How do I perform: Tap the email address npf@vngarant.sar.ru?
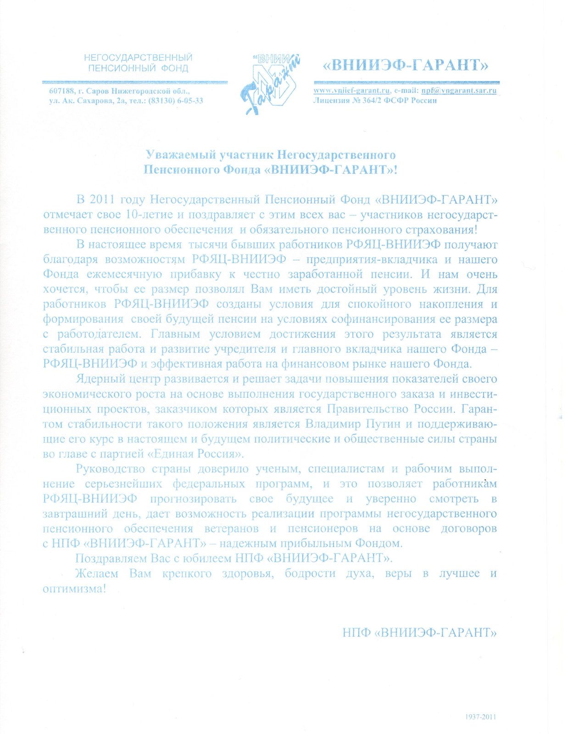[x=459, y=90]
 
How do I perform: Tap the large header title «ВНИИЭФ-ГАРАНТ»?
[x=406, y=65]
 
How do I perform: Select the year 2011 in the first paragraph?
[x=102, y=200]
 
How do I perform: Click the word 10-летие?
[x=148, y=214]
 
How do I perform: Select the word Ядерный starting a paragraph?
[x=100, y=379]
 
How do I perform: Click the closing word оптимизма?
[x=73, y=589]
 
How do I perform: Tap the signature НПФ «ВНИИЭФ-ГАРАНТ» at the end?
[x=419, y=633]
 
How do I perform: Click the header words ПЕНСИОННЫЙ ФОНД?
[x=138, y=68]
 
